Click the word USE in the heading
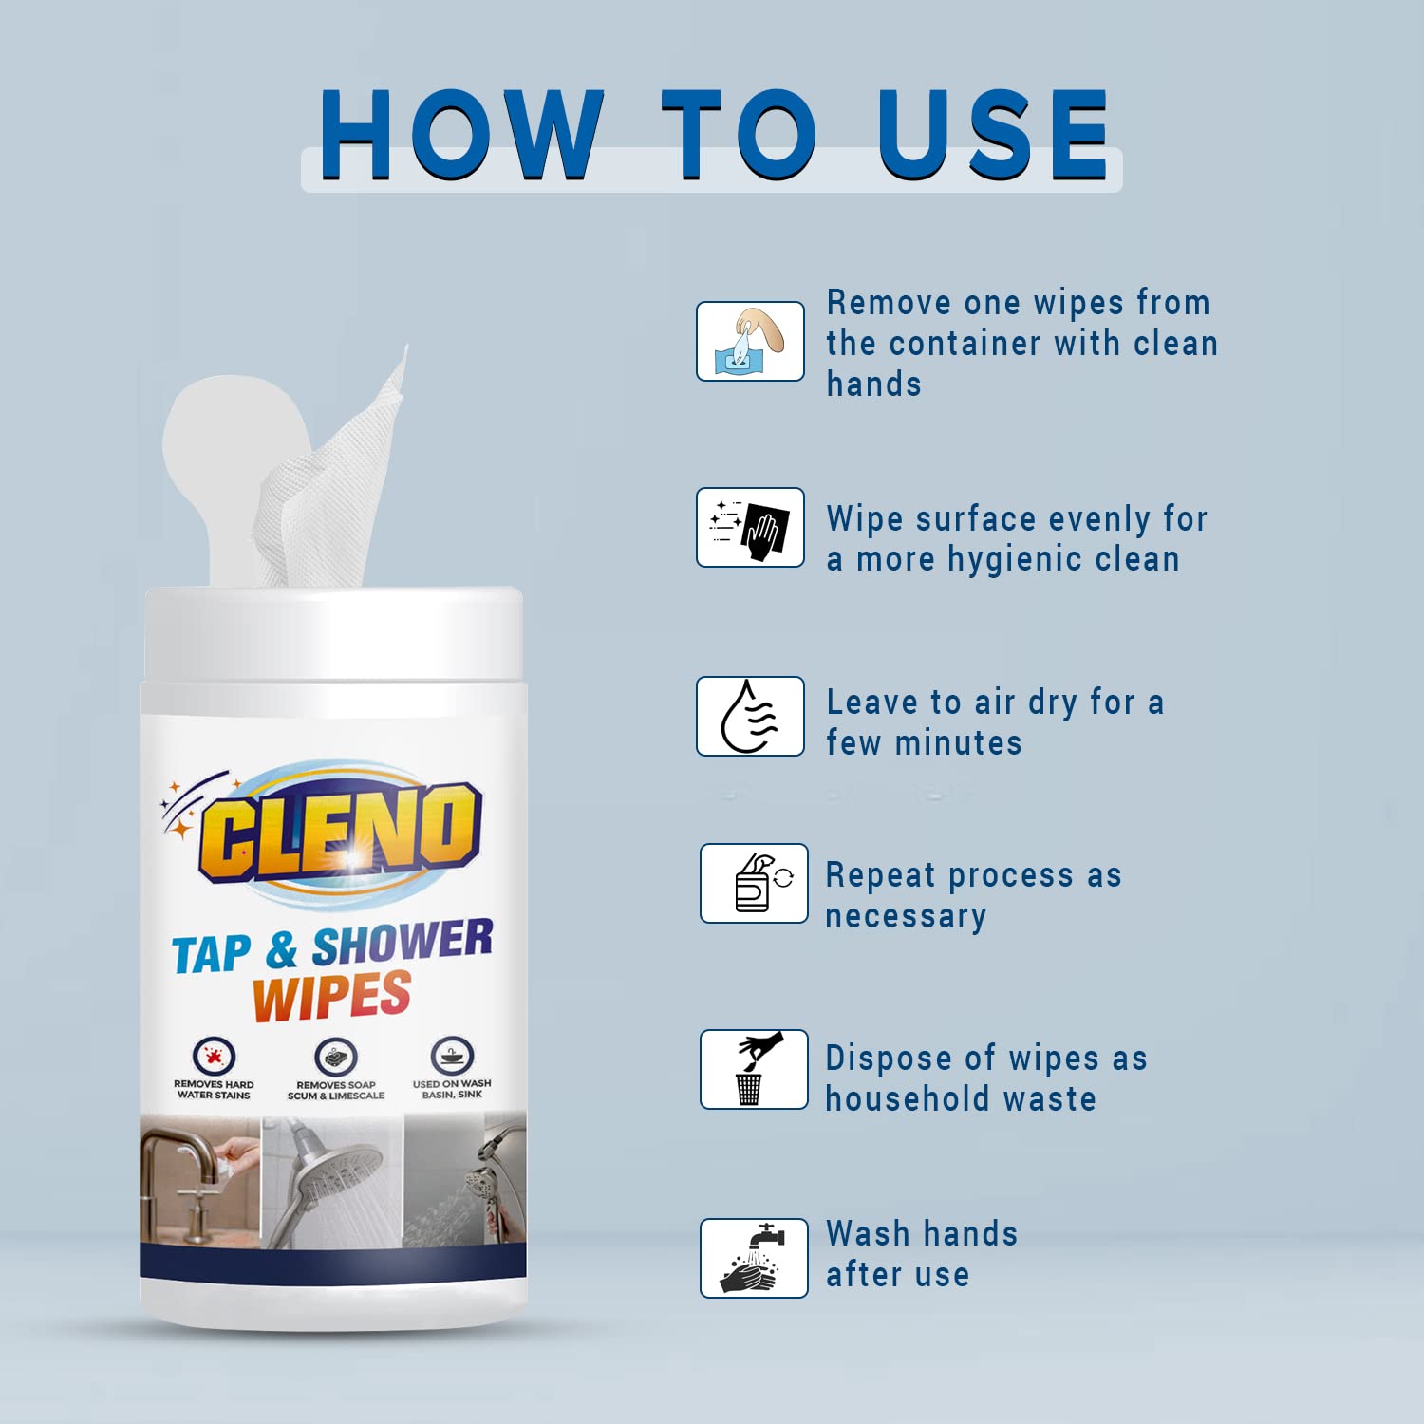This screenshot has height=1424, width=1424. click(993, 135)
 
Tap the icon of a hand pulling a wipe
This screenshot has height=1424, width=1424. click(751, 342)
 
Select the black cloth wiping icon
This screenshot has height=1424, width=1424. click(751, 528)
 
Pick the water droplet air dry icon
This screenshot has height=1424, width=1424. click(751, 717)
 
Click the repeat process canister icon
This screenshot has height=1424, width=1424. click(754, 883)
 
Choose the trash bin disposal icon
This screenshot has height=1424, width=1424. click(754, 1069)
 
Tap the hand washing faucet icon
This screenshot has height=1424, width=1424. click(754, 1258)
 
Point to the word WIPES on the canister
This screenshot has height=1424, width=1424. click(331, 996)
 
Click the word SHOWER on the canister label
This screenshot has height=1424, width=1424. click(403, 943)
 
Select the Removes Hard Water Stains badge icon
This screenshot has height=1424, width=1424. click(214, 1056)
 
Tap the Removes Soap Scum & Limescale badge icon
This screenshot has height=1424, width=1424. click(335, 1057)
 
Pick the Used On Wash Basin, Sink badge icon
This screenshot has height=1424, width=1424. click(452, 1056)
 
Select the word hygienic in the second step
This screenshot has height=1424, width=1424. click(1016, 560)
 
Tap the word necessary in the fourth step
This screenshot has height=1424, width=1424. click(906, 917)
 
